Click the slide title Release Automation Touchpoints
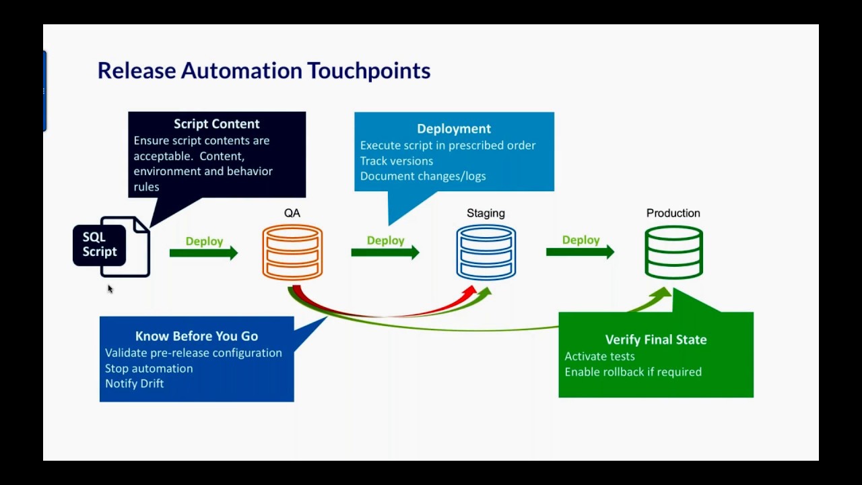(x=263, y=71)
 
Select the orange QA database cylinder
(x=292, y=252)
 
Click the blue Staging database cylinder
(x=486, y=252)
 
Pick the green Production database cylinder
(x=673, y=252)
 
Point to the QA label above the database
(x=292, y=213)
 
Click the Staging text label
(x=486, y=213)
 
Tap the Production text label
(x=673, y=213)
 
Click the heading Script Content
(x=216, y=124)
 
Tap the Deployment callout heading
(x=453, y=129)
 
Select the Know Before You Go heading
(x=196, y=336)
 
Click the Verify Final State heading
(x=655, y=339)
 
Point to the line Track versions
(x=396, y=161)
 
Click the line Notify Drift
(x=134, y=383)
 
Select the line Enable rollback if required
(x=632, y=372)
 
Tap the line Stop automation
(x=148, y=368)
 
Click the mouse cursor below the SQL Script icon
(x=110, y=288)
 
